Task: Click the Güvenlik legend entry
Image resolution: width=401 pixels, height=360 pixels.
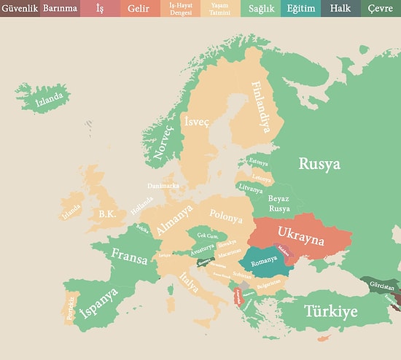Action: [x=20, y=8]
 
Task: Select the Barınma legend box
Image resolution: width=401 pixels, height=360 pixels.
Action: [x=60, y=8]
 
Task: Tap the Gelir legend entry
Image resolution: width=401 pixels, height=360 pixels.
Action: [x=139, y=8]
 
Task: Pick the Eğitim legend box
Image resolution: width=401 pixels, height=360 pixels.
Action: [x=300, y=8]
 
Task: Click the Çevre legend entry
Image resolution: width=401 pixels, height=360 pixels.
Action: [x=380, y=8]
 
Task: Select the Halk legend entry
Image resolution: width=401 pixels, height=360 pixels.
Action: [x=340, y=8]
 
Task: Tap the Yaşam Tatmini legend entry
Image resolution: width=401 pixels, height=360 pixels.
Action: [x=219, y=8]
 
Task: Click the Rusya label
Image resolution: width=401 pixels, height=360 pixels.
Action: [x=319, y=164]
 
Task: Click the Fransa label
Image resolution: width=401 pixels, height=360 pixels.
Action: [x=130, y=255]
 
